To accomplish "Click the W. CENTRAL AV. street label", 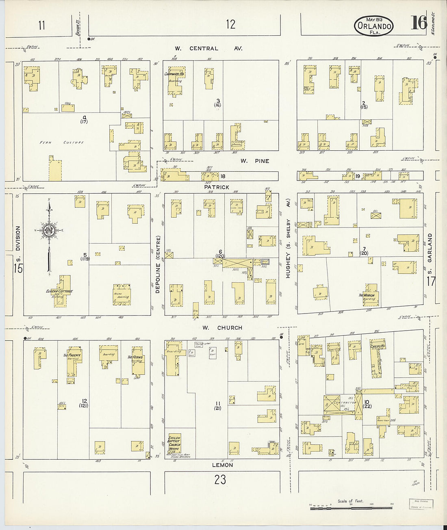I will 208,48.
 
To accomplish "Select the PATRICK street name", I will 217,187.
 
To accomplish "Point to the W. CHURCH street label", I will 222,328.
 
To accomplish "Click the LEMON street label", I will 222,465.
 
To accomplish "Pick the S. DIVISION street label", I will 17,244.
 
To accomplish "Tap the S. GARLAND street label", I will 430,253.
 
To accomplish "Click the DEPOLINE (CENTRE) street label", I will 158,264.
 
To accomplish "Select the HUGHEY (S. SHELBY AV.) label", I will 288,248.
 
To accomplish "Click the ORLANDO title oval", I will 373,26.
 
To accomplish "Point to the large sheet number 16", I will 418,23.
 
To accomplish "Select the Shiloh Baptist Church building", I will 174,445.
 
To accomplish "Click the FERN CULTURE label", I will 62,143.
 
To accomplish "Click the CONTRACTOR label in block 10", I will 345,402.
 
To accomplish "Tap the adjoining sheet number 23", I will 220,480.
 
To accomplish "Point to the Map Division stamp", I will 421,504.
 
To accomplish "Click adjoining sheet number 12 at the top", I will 230,24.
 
